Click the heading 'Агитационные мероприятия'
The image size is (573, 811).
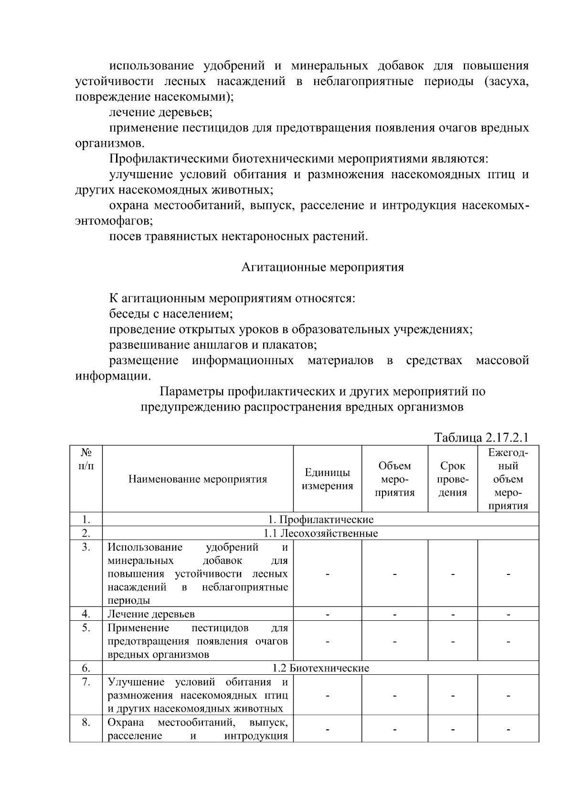pos(322,267)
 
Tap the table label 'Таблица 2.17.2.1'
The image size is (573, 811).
pos(481,437)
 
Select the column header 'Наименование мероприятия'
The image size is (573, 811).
pos(198,479)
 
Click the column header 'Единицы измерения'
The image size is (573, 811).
pos(327,479)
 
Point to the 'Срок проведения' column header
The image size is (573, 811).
pos(453,479)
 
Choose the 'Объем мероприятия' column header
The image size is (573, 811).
pos(394,479)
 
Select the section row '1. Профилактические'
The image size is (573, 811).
pos(320,519)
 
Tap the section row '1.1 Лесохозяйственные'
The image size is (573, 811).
pos(320,533)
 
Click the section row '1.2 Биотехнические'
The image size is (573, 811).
pos(320,668)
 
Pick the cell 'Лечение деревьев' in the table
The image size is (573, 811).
pos(151,614)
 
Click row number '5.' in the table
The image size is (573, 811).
pos(86,628)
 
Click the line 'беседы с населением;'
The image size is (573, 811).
pos(171,314)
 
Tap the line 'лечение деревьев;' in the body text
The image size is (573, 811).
pos(161,113)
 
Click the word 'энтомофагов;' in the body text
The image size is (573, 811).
pos(114,221)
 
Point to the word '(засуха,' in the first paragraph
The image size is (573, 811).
pos(507,81)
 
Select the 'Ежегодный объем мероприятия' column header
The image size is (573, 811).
pos(508,479)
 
